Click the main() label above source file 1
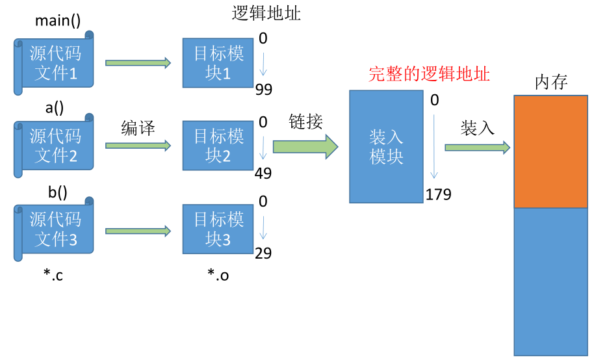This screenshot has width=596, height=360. [x=58, y=21]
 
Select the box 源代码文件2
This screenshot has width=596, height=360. [x=53, y=145]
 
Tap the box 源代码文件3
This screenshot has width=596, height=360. [x=53, y=229]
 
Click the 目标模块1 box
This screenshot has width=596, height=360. [x=218, y=63]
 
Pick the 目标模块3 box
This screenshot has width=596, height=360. [x=218, y=229]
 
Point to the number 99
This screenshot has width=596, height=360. [x=264, y=89]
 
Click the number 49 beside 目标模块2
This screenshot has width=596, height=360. [x=263, y=174]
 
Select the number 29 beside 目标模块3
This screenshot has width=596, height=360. [x=263, y=253]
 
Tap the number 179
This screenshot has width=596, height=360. [x=438, y=194]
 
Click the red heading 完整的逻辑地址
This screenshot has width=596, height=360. [x=429, y=73]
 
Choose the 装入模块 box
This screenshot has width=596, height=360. [x=386, y=147]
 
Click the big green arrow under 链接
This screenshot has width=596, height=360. [x=305, y=146]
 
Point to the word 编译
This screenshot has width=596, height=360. [x=138, y=128]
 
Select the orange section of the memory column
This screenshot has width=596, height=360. [x=551, y=151]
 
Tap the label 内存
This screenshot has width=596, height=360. [x=551, y=82]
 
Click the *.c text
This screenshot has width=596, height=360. [x=53, y=274]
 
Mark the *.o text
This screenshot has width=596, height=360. [x=218, y=274]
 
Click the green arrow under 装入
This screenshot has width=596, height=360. [x=478, y=148]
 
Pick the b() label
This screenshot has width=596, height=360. [x=58, y=192]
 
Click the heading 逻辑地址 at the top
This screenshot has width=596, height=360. [x=266, y=13]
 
